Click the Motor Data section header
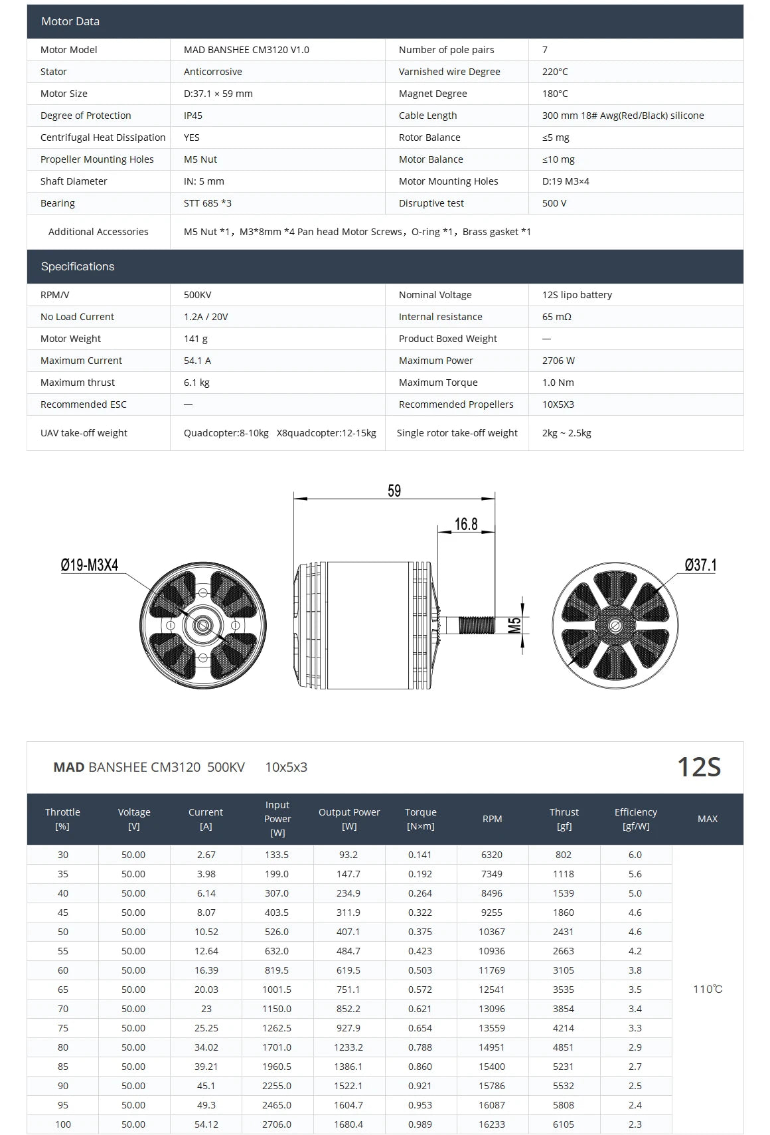[70, 21]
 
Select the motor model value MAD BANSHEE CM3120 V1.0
[246, 50]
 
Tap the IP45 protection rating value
[193, 116]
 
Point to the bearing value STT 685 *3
[208, 203]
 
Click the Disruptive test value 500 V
[554, 203]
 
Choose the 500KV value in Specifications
[197, 295]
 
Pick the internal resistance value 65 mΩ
[556, 317]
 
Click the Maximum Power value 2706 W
[558, 361]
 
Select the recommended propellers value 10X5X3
[558, 404]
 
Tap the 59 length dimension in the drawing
[394, 491]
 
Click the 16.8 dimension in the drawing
[466, 524]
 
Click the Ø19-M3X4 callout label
[90, 565]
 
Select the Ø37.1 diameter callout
[700, 565]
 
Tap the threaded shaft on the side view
[477, 625]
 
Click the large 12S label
[698, 767]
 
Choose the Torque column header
[421, 819]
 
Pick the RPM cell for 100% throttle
[492, 1124]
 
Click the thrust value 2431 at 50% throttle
[564, 932]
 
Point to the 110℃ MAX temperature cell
[708, 989]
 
